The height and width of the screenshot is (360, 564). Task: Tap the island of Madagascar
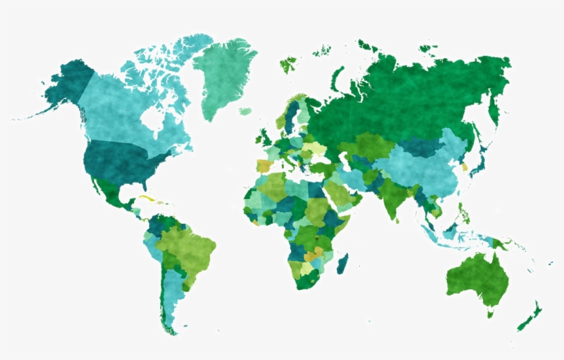coord(342,264)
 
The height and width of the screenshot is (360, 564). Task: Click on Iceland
coord(245,111)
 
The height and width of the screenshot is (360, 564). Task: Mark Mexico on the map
coord(110,193)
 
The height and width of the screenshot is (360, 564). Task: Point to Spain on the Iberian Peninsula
coord(264,166)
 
